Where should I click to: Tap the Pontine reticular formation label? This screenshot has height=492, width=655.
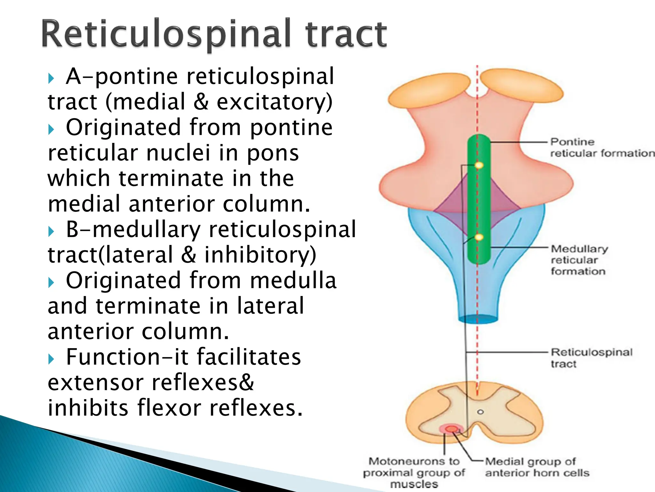tap(601, 148)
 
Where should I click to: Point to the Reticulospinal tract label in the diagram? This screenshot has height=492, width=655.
tap(591, 358)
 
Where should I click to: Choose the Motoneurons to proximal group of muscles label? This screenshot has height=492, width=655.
tap(414, 472)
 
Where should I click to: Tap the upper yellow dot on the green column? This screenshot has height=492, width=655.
tap(479, 165)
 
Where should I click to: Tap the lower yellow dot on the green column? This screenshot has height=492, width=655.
tap(479, 237)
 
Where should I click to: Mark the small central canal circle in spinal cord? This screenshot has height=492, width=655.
tap(480, 412)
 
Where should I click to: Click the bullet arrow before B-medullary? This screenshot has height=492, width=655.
tap(51, 231)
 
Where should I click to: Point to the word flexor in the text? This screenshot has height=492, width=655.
tap(169, 408)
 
